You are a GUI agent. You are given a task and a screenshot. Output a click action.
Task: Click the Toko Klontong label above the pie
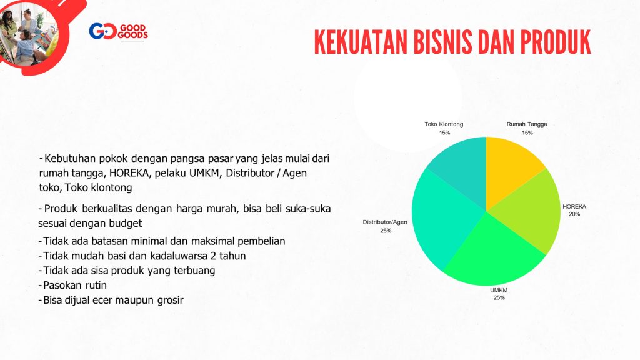coord(444,124)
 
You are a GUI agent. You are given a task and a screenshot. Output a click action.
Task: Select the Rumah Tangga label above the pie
coord(526,124)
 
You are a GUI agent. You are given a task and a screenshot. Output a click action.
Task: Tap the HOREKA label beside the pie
coord(574,206)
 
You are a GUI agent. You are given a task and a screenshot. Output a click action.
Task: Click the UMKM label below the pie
coord(499,290)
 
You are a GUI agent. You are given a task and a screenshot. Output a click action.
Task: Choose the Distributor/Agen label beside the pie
coord(385,222)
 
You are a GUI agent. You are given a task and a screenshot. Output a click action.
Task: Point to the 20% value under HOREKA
coord(574,214)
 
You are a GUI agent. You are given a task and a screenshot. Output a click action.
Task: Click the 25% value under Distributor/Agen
coord(386,231)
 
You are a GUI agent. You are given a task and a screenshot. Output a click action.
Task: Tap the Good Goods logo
coord(118,32)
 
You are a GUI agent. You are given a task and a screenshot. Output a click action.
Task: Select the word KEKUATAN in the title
coord(361,42)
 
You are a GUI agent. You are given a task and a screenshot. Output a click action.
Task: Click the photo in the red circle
coord(29,32)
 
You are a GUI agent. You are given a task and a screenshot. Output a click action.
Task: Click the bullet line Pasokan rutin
coord(72,285)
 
